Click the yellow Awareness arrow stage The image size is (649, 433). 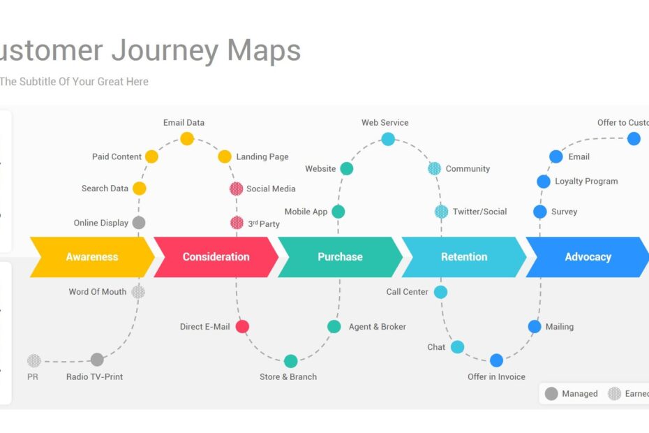(91, 257)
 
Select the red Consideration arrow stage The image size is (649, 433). (216, 257)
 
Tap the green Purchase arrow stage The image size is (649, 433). (340, 257)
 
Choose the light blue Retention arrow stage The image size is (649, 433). (464, 257)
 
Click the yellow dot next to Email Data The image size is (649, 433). (187, 138)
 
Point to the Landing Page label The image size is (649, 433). (262, 157)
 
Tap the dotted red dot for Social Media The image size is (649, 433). (237, 189)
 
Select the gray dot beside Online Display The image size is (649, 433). (139, 223)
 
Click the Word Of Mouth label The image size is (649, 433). (98, 292)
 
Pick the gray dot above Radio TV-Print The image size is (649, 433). (97, 360)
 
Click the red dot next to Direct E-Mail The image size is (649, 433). (242, 326)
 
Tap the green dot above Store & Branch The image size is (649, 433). (290, 361)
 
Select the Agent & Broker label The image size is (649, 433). (377, 327)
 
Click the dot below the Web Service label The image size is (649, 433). (388, 139)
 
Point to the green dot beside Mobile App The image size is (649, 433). (338, 212)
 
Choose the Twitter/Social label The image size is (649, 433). (479, 212)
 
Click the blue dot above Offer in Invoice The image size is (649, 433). (496, 360)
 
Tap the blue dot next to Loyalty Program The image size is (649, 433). (544, 182)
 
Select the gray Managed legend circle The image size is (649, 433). (551, 394)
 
